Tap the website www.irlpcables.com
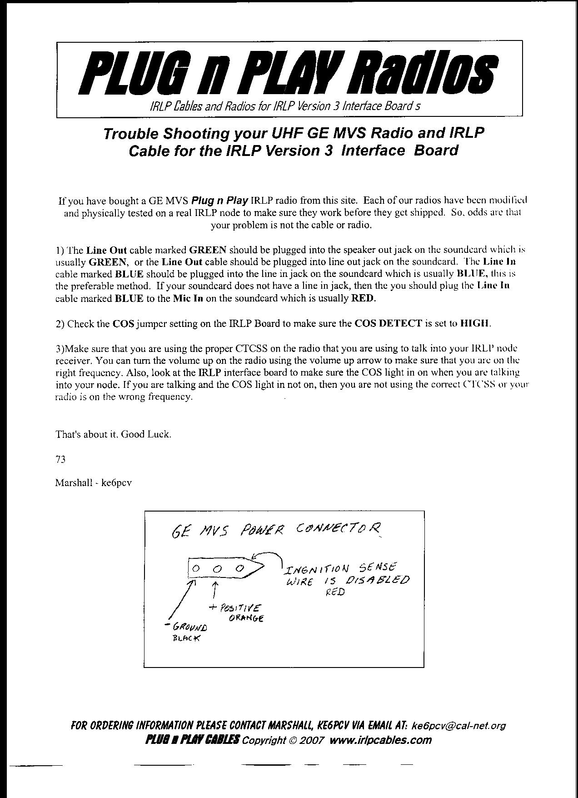[x=380, y=740]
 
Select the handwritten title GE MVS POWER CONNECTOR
[x=276, y=530]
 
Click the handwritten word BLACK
[x=186, y=637]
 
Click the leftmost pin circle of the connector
[x=196, y=568]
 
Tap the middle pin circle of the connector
[x=218, y=568]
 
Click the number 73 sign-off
[x=60, y=459]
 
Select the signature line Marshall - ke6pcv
[x=93, y=483]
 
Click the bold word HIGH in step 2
[x=475, y=324]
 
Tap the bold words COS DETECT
[x=388, y=324]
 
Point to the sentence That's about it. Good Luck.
[x=113, y=434]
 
